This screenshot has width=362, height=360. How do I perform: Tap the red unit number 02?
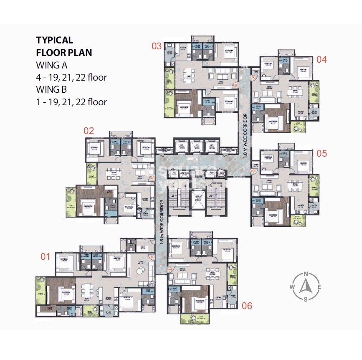(x=89, y=130)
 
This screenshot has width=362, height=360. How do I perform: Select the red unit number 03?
(x=156, y=46)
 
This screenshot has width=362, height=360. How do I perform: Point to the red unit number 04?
(x=321, y=59)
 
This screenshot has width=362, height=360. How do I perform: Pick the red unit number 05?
(x=321, y=153)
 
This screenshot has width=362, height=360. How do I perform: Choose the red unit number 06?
(x=247, y=305)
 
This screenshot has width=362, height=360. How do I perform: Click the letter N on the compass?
(x=306, y=274)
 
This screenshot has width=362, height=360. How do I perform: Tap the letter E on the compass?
(x=319, y=287)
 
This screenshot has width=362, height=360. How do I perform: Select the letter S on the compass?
(x=306, y=299)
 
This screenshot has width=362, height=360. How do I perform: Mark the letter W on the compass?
(x=292, y=287)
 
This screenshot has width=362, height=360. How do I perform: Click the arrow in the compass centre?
(x=306, y=286)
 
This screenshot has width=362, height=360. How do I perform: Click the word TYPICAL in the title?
(x=55, y=41)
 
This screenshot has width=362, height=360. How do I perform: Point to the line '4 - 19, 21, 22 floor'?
(x=71, y=77)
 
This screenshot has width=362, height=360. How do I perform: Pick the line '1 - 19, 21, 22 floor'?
(x=71, y=101)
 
